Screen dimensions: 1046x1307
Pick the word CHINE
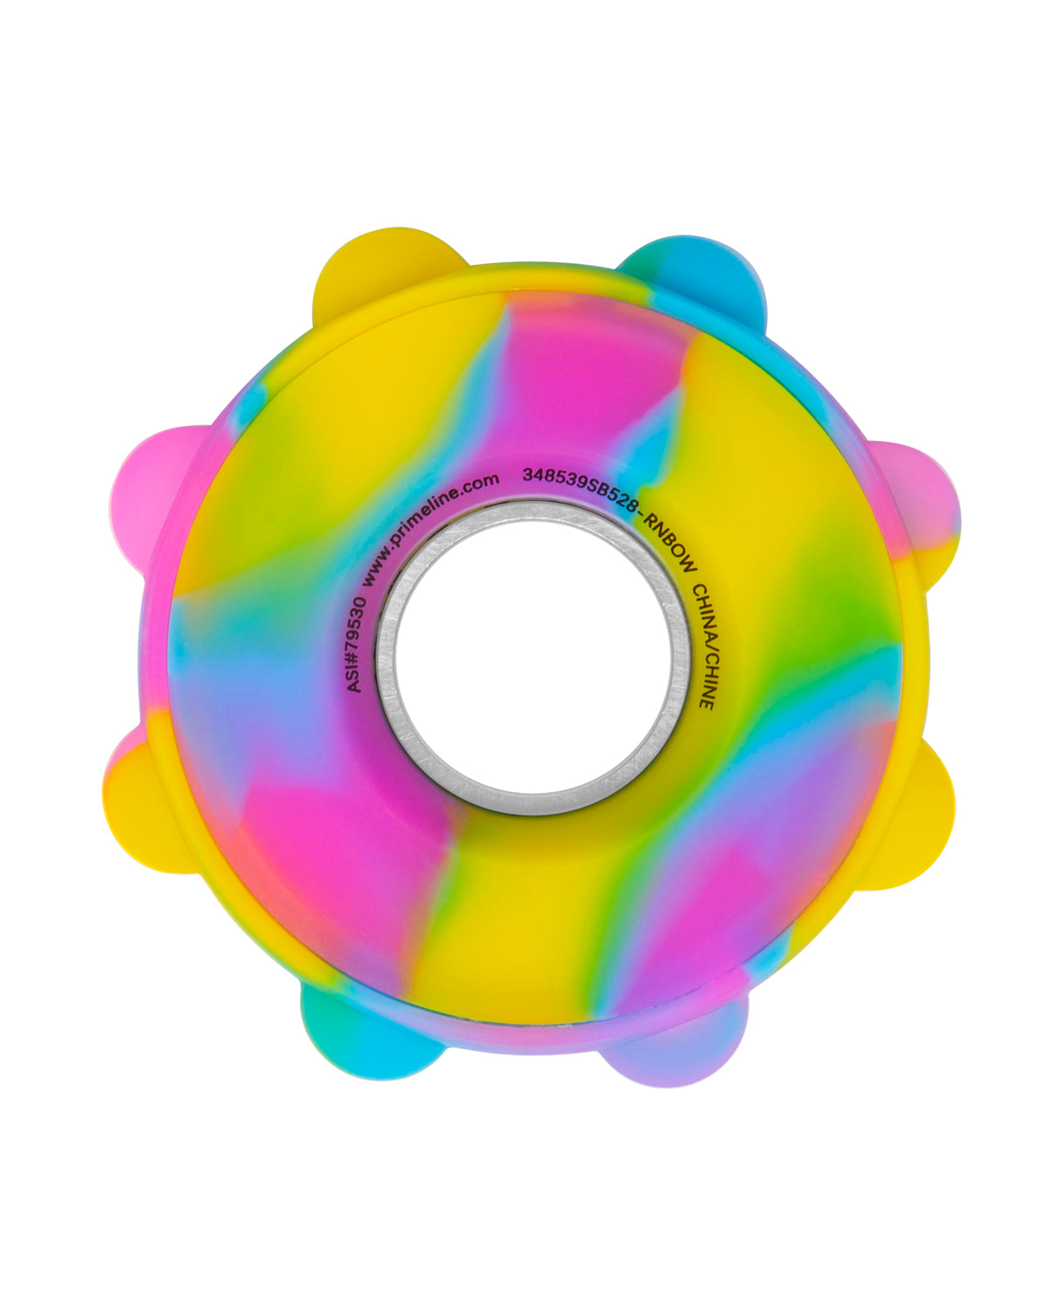(705, 681)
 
